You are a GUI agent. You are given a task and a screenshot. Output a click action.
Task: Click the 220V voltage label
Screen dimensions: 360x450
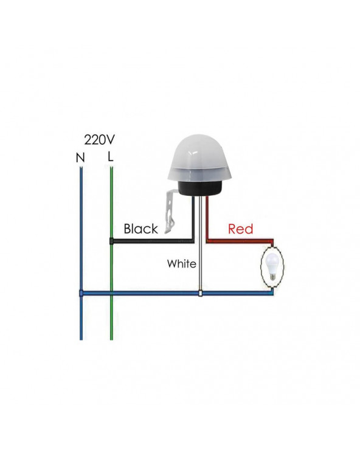[99, 140]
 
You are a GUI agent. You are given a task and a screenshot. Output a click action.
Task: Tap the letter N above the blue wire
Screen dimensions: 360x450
[80, 157]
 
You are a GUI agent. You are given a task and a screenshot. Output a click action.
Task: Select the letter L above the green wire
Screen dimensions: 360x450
[111, 156]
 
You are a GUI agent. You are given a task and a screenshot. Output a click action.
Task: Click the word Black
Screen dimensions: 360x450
[140, 229]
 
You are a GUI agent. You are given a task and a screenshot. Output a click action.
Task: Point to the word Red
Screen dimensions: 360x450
[240, 229]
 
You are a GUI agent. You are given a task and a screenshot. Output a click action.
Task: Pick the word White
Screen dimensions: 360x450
[182, 263]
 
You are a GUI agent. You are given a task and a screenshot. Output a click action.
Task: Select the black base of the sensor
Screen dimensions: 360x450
[199, 188]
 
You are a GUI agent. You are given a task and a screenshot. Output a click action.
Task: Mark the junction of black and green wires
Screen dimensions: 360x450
[111, 241]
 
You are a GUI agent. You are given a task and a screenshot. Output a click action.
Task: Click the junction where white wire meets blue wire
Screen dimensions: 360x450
[200, 293]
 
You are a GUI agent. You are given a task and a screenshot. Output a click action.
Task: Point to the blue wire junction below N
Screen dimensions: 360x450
[81, 293]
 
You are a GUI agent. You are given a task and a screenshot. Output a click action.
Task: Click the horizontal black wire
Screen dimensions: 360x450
[152, 241]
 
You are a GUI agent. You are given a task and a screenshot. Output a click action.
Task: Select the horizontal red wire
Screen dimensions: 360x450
[239, 240]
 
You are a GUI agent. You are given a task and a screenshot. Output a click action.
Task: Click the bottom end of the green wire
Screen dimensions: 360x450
[111, 339]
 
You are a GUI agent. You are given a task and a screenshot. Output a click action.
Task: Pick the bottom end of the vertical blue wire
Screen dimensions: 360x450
[81, 339]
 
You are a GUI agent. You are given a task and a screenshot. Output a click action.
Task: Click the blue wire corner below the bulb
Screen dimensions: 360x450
[272, 293]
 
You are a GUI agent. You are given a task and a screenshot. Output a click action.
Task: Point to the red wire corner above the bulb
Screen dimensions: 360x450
[272, 240]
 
